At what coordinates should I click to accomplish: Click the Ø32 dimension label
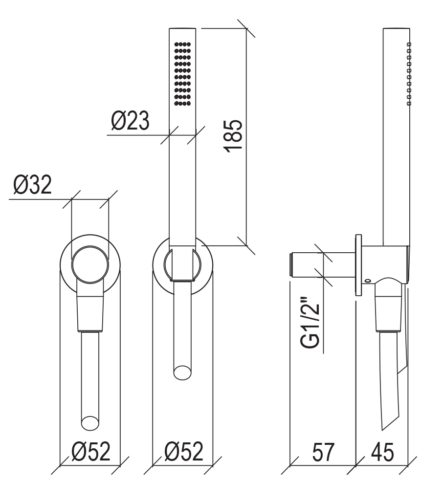[32, 185]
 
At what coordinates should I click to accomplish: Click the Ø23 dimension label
[130, 121]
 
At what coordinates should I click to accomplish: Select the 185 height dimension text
[233, 136]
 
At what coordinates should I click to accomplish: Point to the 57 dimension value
[323, 452]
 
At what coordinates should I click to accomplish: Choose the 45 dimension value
[382, 452]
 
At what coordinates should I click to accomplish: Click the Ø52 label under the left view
[91, 452]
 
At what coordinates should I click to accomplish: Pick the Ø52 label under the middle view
[184, 452]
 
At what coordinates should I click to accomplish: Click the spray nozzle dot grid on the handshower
[182, 74]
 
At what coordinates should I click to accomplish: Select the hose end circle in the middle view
[182, 373]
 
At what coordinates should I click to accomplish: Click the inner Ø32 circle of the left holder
[90, 265]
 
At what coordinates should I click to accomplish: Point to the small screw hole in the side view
[368, 281]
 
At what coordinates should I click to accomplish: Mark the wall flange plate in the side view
[358, 265]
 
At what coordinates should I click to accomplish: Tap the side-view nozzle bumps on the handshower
[409, 74]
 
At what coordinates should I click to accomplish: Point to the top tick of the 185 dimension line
[246, 28]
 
